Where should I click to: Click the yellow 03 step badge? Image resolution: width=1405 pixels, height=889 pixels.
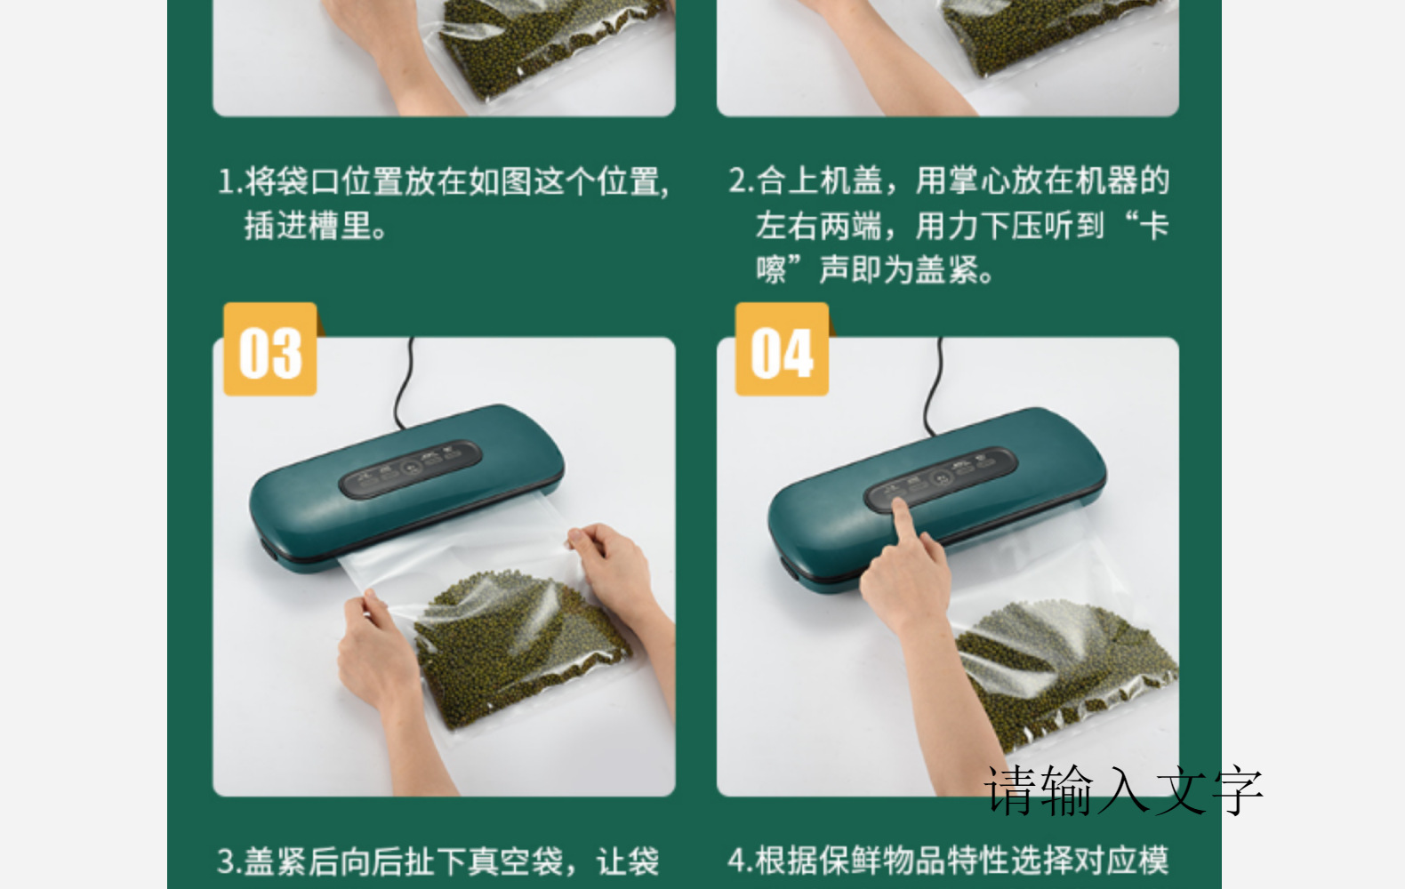(270, 351)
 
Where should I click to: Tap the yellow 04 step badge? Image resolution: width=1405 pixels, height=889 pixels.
(782, 351)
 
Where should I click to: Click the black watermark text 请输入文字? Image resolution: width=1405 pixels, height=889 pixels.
(1123, 790)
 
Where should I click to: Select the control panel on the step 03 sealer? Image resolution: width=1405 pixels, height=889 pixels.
(410, 468)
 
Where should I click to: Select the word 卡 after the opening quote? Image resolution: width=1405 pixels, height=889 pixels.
(1153, 226)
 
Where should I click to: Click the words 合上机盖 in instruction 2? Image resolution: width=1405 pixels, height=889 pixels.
(819, 180)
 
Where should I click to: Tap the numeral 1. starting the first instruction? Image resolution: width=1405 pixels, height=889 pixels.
(229, 181)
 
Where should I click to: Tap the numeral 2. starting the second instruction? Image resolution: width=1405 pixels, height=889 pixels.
(741, 180)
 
